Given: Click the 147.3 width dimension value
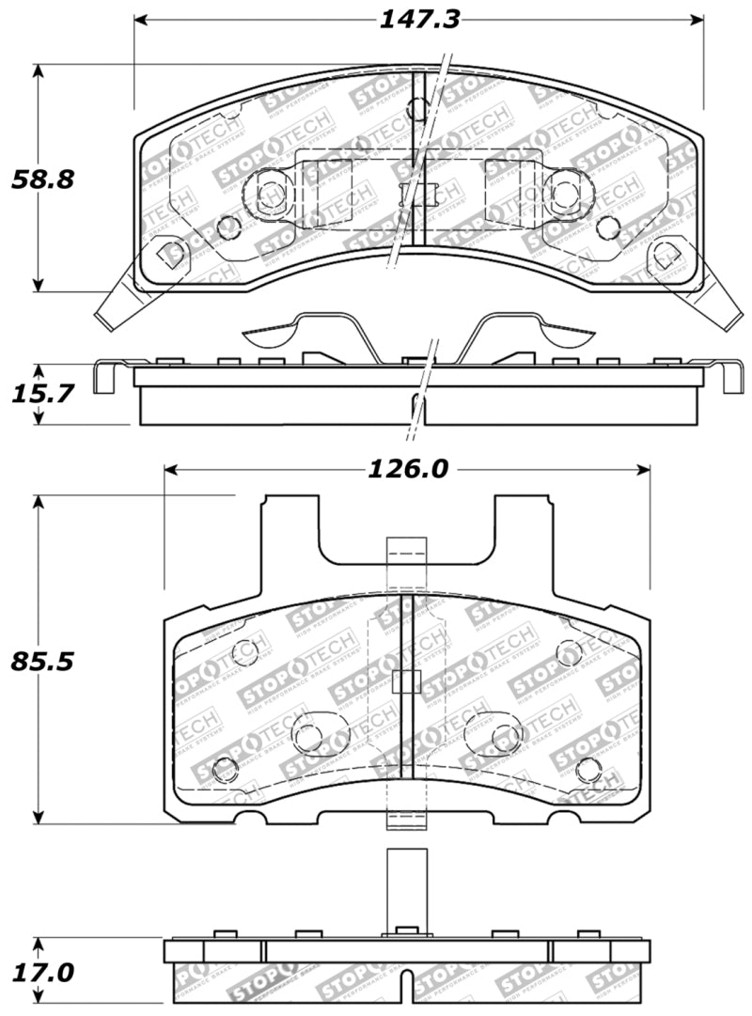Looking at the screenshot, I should click(419, 20).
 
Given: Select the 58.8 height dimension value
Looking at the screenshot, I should click(42, 179).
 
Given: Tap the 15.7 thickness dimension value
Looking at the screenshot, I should click(42, 394).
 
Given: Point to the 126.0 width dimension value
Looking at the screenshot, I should click(406, 468).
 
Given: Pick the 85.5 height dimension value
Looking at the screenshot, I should click(42, 661).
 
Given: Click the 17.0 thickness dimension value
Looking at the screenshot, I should click(42, 971).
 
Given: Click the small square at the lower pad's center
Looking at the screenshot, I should click(405, 681).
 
